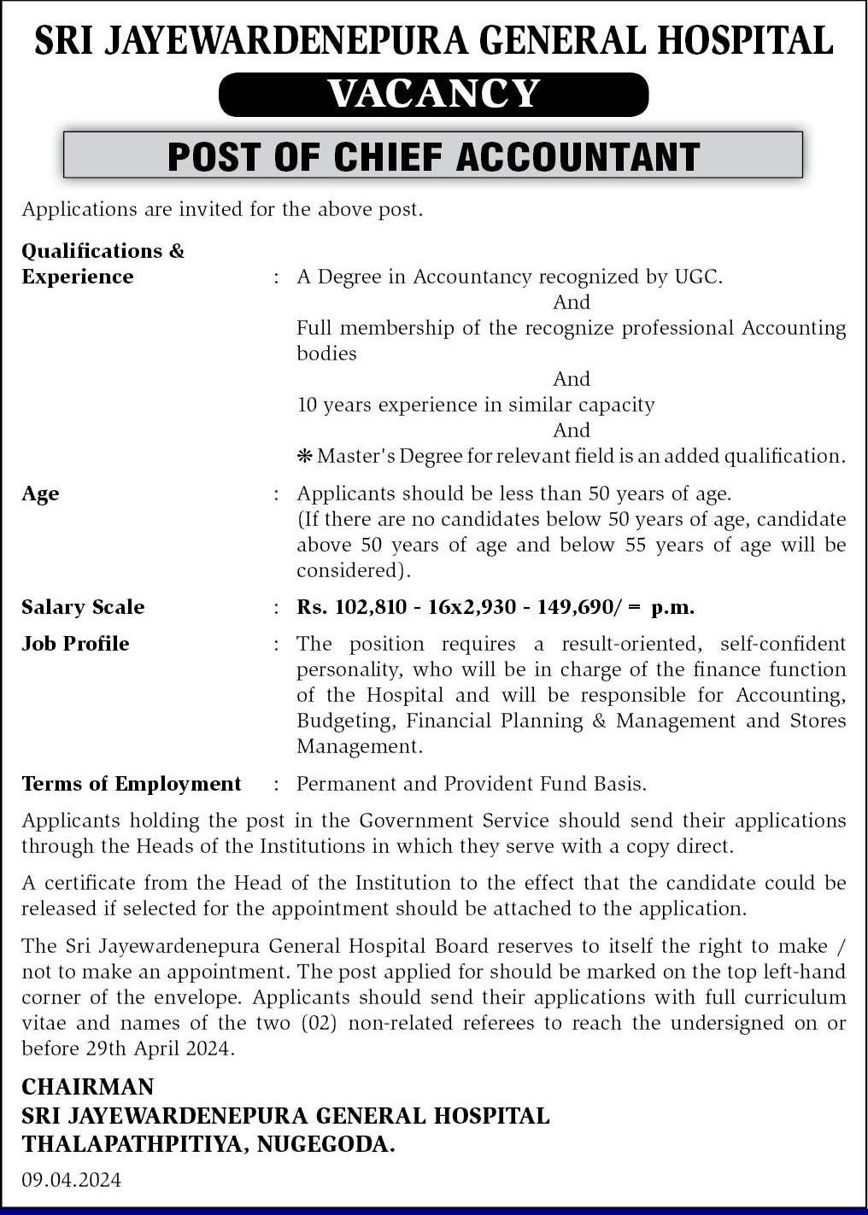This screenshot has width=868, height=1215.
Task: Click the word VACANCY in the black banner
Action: [x=434, y=94]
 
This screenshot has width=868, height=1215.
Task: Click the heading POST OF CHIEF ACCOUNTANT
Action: [x=433, y=156]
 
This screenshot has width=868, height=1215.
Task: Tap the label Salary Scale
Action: [x=83, y=607]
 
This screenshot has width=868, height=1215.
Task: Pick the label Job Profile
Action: [x=75, y=644]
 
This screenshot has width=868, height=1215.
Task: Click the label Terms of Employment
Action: [x=132, y=784]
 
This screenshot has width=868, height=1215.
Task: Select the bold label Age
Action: [x=40, y=494]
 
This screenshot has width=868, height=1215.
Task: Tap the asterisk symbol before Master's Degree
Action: [x=304, y=457]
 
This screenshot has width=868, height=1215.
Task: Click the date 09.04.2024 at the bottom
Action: [x=72, y=1180]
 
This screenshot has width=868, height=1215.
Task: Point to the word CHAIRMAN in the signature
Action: [x=88, y=1087]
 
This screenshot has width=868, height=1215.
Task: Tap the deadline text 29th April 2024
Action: [x=158, y=1049]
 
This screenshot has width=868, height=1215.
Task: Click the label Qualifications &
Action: [x=103, y=251]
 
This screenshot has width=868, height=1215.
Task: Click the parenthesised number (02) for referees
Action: [x=320, y=1023]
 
